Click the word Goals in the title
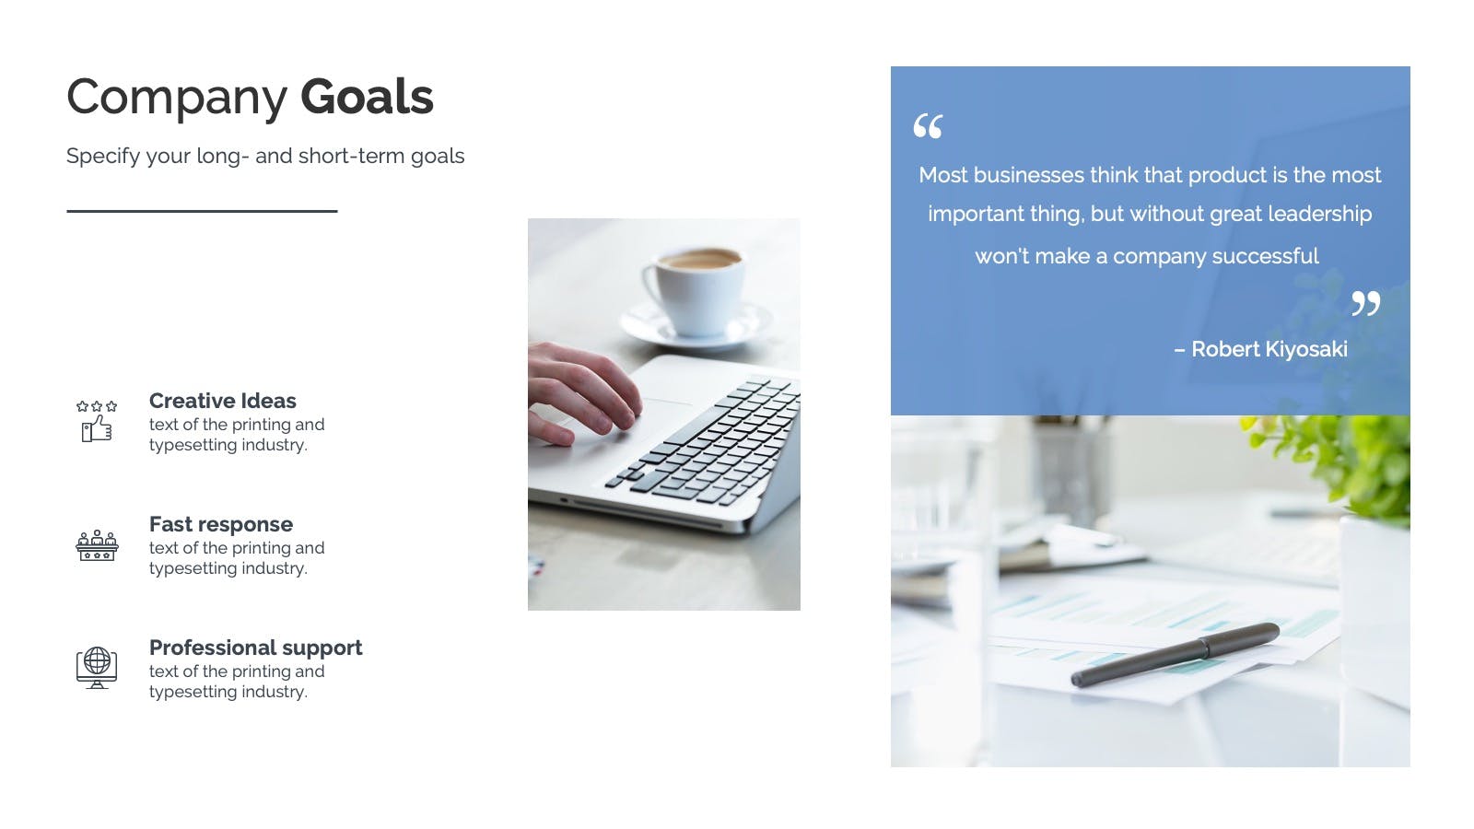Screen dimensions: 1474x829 (x=367, y=97)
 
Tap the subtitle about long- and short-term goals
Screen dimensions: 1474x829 (x=265, y=156)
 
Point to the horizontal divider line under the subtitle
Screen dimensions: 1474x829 (x=202, y=211)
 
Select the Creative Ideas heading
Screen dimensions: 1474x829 (x=222, y=401)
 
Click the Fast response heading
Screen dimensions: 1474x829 (x=221, y=524)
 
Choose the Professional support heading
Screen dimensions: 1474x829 (x=256, y=648)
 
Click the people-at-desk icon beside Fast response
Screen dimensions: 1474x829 (x=97, y=545)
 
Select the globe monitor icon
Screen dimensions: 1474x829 (x=97, y=668)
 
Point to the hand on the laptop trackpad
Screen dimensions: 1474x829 (x=582, y=393)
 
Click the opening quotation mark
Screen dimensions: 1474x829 (x=928, y=125)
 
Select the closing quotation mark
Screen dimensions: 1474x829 (x=1365, y=303)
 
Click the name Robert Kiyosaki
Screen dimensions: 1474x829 (x=1269, y=349)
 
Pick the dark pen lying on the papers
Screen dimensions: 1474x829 (x=1176, y=655)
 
